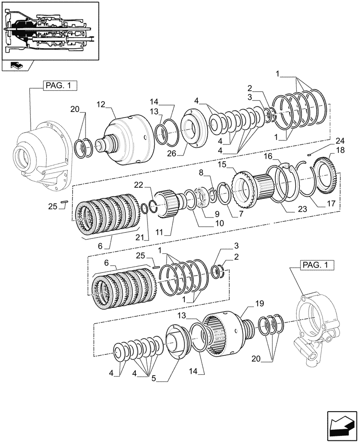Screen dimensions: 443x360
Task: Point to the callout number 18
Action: pos(340,151)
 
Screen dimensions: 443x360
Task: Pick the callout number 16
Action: pos(268,157)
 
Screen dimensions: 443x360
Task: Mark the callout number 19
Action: pos(259,303)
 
